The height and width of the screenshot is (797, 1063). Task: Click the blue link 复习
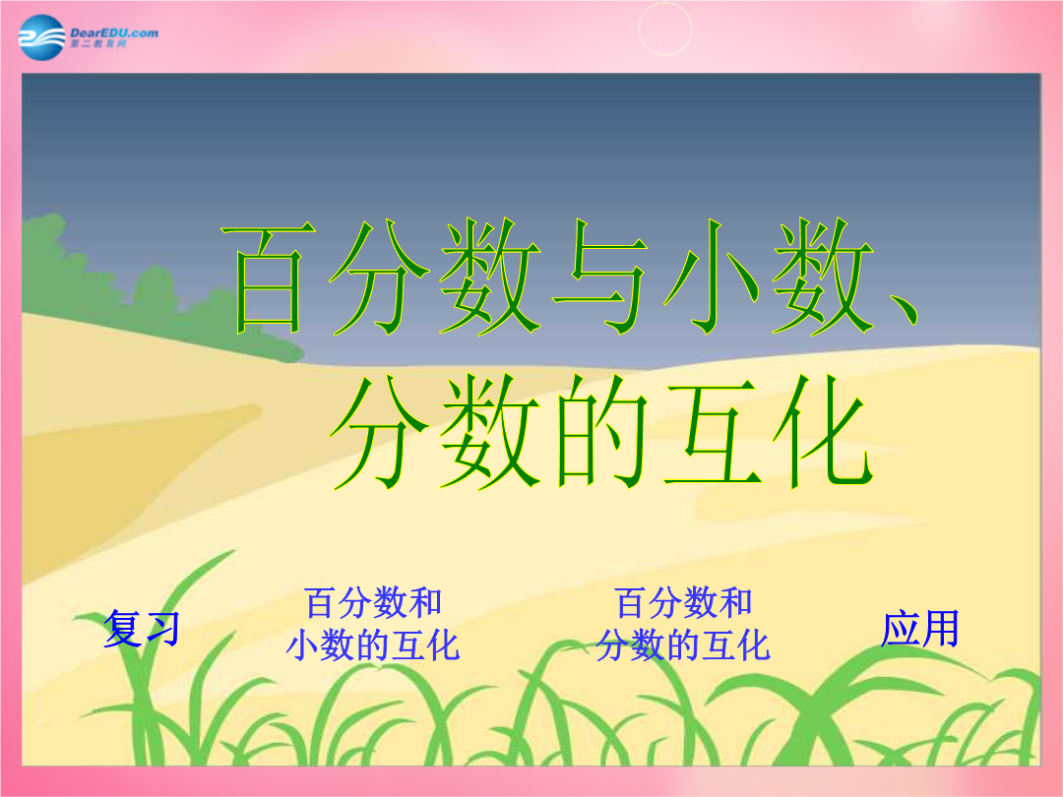142,628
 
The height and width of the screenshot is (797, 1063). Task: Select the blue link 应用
920,628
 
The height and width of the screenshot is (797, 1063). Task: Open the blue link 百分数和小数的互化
373,624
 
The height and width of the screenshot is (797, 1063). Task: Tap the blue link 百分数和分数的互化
683,624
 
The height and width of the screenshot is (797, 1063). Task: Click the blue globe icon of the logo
42,37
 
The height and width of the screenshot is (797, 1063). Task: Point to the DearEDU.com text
114,32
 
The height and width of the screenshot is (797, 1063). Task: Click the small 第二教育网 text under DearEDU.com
98,44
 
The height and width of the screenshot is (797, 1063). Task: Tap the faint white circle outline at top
665,29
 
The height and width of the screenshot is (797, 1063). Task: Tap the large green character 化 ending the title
823,432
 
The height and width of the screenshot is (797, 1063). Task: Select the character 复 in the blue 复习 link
122,628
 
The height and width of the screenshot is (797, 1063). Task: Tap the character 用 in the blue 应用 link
941,628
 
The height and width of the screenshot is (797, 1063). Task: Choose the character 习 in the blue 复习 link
162,628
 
